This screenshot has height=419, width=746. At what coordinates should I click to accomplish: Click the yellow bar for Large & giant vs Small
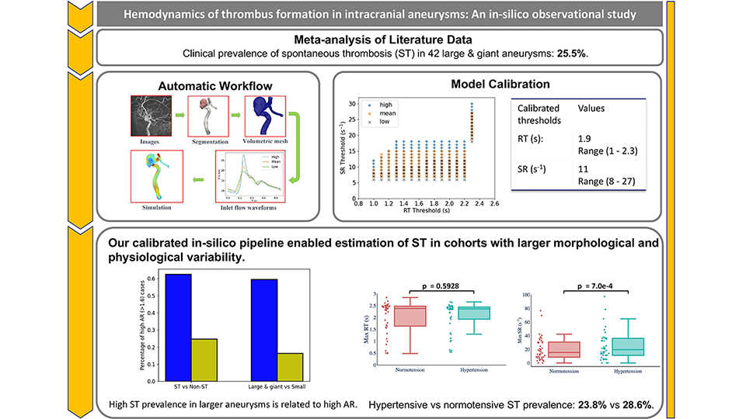click(x=291, y=365)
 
